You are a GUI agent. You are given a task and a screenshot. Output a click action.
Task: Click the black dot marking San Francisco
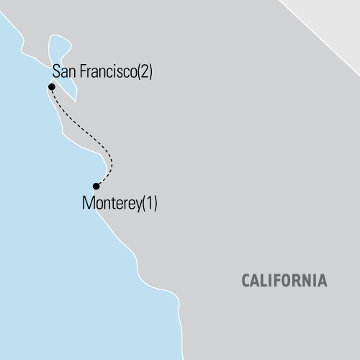[51, 87]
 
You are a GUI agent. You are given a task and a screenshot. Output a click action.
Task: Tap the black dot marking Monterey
[96, 186]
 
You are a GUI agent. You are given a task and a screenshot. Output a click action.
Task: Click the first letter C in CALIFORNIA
[243, 279]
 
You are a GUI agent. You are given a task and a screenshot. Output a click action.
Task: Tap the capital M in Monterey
[88, 203]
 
